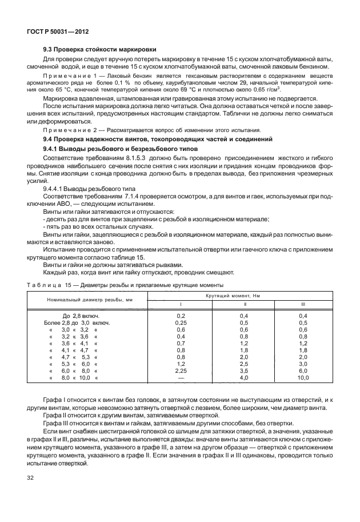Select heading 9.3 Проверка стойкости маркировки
pyautogui.click(x=100, y=49)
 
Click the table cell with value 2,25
pyautogui.click(x=181, y=370)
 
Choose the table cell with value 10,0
pyautogui.click(x=303, y=378)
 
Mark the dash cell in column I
pyautogui.click(x=181, y=378)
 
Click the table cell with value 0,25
pyautogui.click(x=181, y=322)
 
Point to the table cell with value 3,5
pyautogui.click(x=243, y=370)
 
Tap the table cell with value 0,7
pyautogui.click(x=181, y=342)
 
